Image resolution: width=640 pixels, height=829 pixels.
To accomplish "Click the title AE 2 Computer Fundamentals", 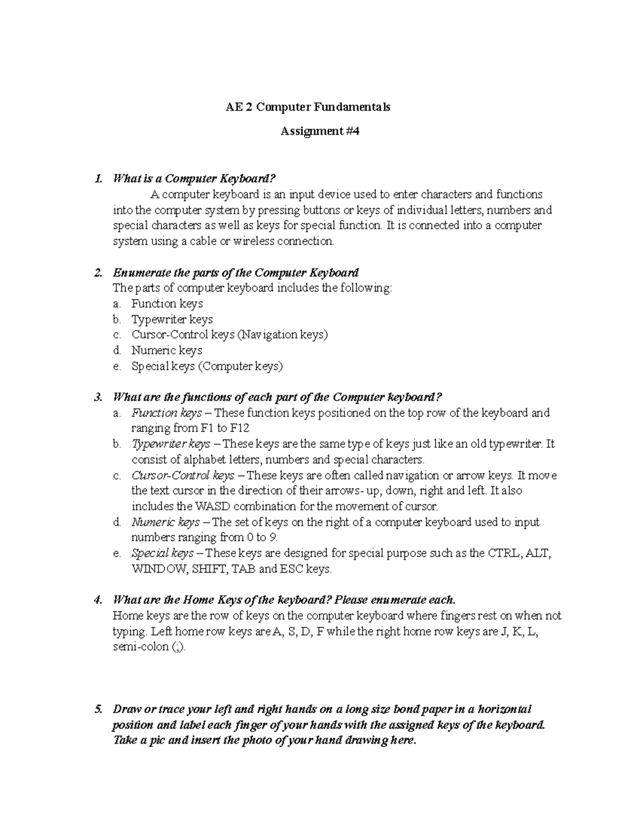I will pyautogui.click(x=307, y=107).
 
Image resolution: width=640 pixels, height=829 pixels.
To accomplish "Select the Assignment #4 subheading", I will pyautogui.click(x=320, y=131).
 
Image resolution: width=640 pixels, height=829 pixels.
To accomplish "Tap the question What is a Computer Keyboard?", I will pyautogui.click(x=195, y=178).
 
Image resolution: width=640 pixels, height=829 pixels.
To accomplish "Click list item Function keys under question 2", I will pyautogui.click(x=167, y=304).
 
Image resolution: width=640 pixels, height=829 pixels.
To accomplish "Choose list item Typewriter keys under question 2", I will pyautogui.click(x=172, y=319).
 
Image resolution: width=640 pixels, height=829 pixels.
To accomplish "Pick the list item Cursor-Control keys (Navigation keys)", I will pyautogui.click(x=229, y=335).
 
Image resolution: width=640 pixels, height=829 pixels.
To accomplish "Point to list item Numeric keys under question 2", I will pyautogui.click(x=166, y=351).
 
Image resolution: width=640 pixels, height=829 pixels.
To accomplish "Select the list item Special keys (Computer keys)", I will pyautogui.click(x=207, y=366).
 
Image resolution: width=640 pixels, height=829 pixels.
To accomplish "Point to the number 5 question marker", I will pyautogui.click(x=97, y=709).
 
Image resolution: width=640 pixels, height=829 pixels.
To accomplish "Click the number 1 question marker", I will pyautogui.click(x=97, y=178).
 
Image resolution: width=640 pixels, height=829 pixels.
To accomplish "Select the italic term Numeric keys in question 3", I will pyautogui.click(x=165, y=522).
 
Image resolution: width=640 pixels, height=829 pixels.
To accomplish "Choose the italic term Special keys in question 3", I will pyautogui.click(x=163, y=553).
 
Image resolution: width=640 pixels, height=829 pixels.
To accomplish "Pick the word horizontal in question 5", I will pyautogui.click(x=505, y=709).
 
